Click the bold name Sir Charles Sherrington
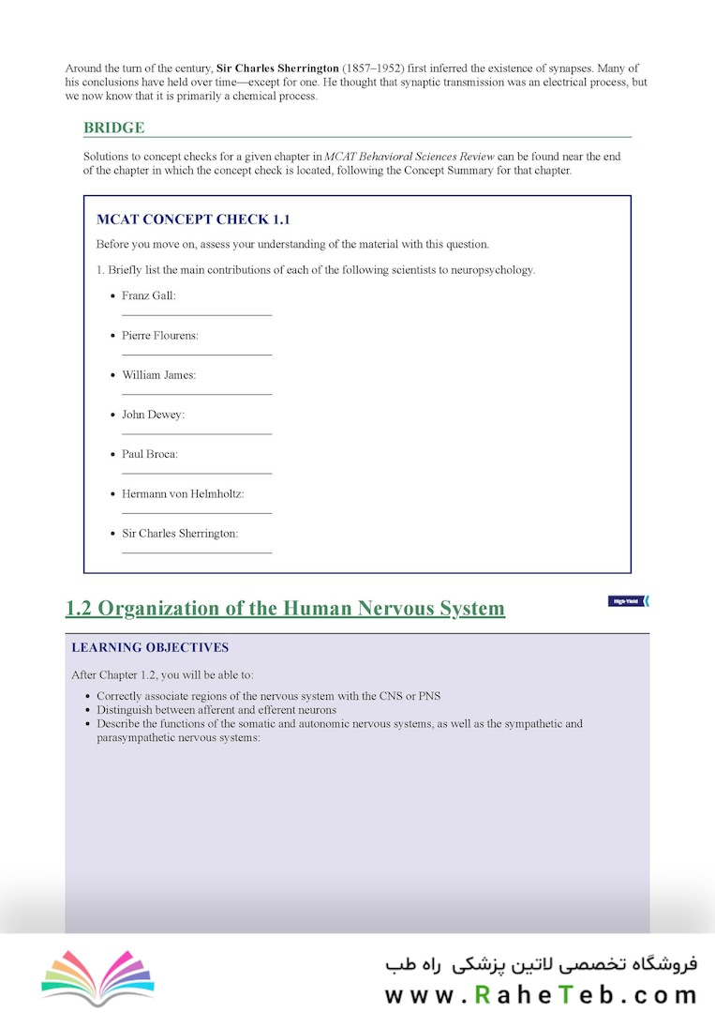click(x=277, y=68)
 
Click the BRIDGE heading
click(x=113, y=128)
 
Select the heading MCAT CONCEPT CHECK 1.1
click(x=193, y=219)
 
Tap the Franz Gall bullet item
click(x=149, y=295)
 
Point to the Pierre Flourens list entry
click(x=160, y=335)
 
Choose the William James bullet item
click(x=159, y=375)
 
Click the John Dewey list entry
click(x=154, y=415)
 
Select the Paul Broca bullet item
click(x=150, y=454)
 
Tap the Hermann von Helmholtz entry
click(x=183, y=493)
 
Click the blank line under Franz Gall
click(x=197, y=315)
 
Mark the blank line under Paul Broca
click(x=197, y=474)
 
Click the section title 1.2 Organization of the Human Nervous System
click(x=285, y=608)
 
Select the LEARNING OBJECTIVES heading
click(x=150, y=647)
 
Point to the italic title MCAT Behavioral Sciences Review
click(x=410, y=157)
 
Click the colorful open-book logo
click(x=97, y=977)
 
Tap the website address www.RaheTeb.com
click(x=541, y=994)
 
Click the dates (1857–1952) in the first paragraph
click(x=375, y=68)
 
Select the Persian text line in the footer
click(x=541, y=963)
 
